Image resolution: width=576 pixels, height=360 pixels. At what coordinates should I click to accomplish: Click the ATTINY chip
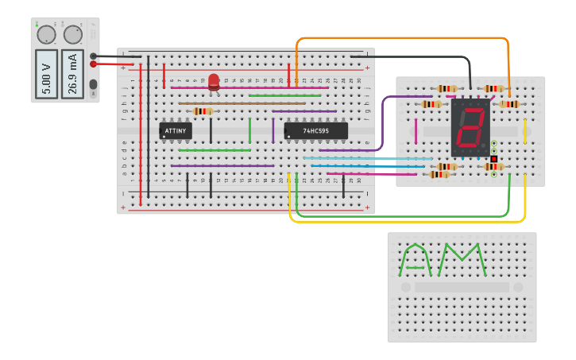pos(176,130)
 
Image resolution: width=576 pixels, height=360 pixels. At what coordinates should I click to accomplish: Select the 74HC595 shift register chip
pos(315,130)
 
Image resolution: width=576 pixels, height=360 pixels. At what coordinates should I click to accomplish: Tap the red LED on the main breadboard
pos(214,81)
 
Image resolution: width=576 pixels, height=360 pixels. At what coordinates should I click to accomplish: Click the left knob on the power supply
pos(46,35)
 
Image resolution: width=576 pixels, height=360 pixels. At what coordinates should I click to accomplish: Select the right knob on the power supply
pos(73,35)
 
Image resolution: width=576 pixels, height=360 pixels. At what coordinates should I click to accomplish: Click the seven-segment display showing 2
pos(470,127)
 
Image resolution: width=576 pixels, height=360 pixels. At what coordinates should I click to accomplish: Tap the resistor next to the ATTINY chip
pos(203,111)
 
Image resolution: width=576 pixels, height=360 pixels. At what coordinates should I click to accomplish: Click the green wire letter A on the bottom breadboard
pos(416,260)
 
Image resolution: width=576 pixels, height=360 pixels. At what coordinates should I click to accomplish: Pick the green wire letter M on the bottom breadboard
pos(465,260)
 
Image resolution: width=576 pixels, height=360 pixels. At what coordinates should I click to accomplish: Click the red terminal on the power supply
pos(94,64)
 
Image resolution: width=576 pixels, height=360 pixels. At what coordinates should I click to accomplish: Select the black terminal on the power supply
pos(94,56)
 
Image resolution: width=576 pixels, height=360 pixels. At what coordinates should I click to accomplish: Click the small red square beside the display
pos(493,159)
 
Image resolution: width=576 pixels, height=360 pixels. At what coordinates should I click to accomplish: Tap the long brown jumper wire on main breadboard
pos(242,103)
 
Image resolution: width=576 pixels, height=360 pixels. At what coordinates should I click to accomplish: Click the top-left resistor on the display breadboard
pos(446,89)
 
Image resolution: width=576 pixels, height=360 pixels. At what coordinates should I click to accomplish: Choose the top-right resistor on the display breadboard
pos(495,89)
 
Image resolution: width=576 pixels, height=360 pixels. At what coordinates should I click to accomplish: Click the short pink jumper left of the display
pos(416,131)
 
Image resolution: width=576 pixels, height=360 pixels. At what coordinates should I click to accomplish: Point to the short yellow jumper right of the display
pos(525,131)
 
